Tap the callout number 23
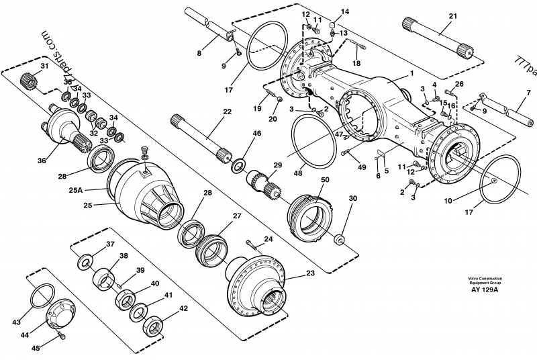coord(310,274)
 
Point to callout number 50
coord(325,180)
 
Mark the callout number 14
coord(345,11)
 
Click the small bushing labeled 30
coord(339,238)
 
